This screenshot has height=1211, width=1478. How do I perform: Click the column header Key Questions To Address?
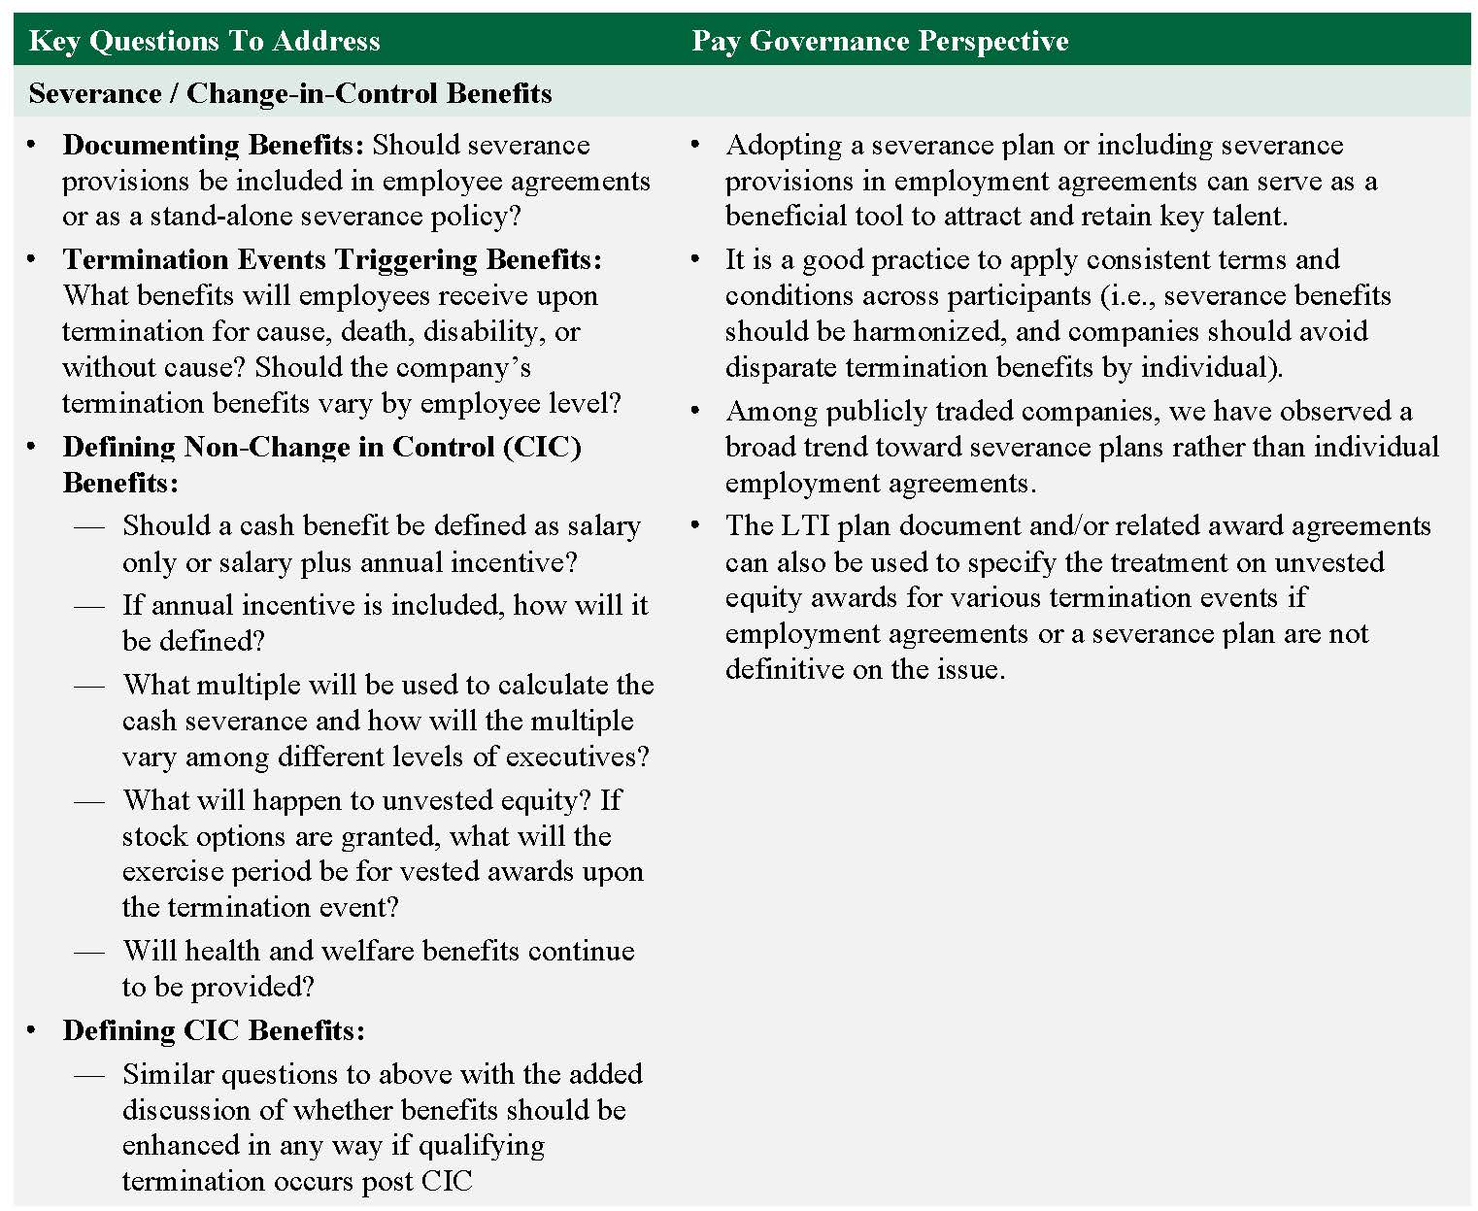pyautogui.click(x=204, y=41)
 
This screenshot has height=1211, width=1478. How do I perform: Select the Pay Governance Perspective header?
pyautogui.click(x=879, y=41)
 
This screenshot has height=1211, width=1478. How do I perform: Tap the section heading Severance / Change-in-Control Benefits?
pyautogui.click(x=289, y=93)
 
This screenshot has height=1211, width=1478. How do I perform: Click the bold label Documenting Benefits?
pyautogui.click(x=213, y=145)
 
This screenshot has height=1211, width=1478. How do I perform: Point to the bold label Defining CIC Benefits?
pyautogui.click(x=214, y=1030)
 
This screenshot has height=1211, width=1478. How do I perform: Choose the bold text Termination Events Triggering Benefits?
pyautogui.click(x=331, y=259)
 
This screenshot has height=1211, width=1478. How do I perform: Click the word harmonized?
pyautogui.click(x=926, y=331)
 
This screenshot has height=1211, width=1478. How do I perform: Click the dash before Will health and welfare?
pyautogui.click(x=89, y=951)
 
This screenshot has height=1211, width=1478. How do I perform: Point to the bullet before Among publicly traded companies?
pyautogui.click(x=695, y=411)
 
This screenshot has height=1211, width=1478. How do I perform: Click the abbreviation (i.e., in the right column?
pyautogui.click(x=1127, y=295)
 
